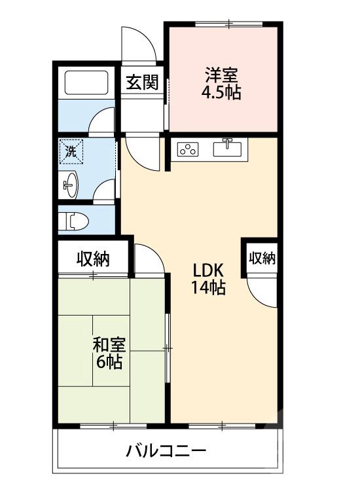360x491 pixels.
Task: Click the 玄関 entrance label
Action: point(142,82)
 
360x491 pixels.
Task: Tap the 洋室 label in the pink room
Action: point(221,75)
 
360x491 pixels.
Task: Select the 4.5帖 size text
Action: point(221,92)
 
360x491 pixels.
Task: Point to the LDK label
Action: point(208,270)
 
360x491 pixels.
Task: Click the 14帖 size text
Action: point(209,287)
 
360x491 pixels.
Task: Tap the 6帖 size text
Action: point(109,361)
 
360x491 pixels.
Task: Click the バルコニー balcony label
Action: point(166,451)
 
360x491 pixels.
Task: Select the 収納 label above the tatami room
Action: point(94,259)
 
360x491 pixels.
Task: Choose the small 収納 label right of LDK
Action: point(262,258)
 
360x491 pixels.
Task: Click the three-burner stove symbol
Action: point(188,149)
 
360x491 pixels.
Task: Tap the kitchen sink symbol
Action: point(228,147)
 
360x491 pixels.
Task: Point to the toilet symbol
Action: point(74,221)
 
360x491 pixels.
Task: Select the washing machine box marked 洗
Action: point(71,152)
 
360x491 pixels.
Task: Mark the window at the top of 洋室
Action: point(229,24)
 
